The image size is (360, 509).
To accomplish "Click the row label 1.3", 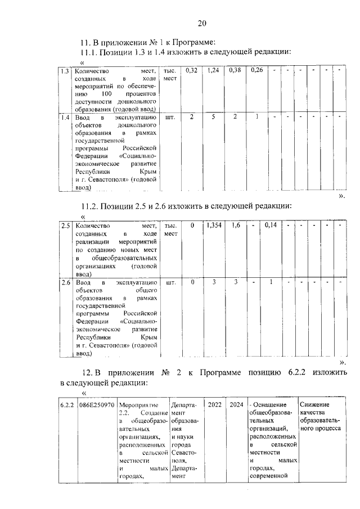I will (65, 71).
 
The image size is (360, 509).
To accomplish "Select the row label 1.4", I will (65, 118).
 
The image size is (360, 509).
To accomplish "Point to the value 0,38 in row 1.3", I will (235, 71).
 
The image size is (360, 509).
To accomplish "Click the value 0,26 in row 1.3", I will (257, 71).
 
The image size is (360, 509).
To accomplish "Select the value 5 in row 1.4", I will (213, 118).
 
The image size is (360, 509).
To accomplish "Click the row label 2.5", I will (65, 226).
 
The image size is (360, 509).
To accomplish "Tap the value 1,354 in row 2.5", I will (213, 226).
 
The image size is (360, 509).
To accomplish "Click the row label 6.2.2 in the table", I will (67, 404).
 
